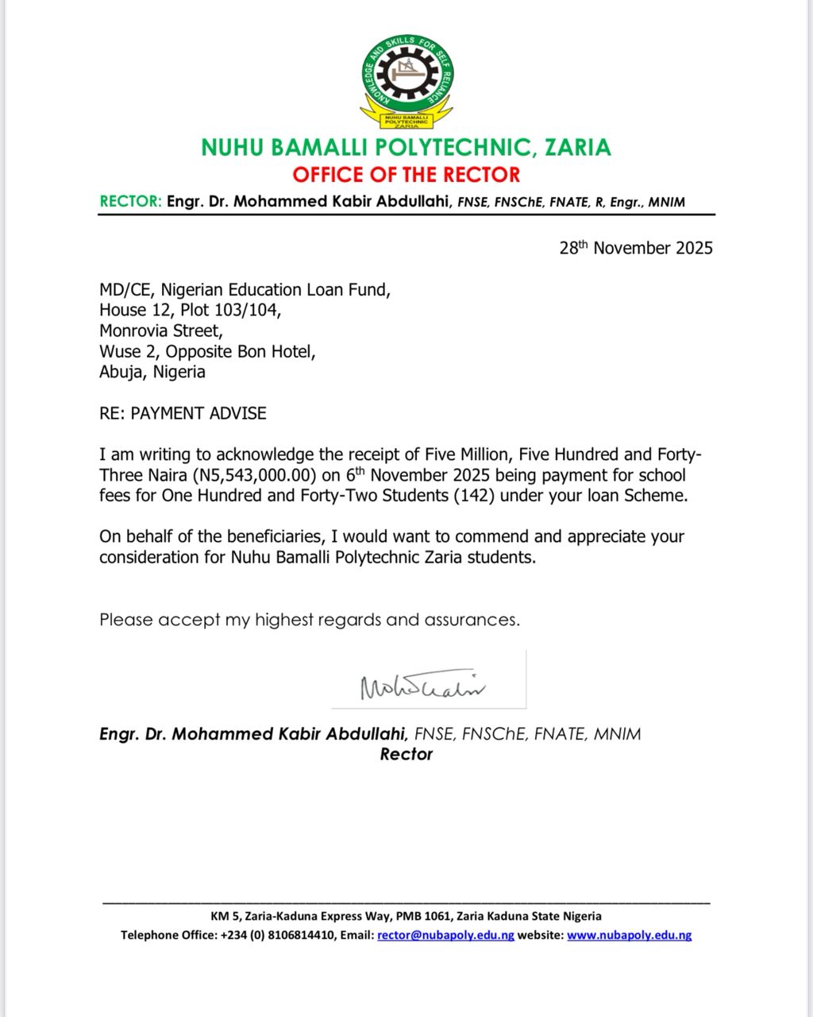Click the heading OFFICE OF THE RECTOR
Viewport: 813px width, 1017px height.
coord(406,175)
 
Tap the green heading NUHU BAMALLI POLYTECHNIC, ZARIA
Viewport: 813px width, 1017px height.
coord(406,148)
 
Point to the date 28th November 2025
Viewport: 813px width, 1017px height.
coord(636,248)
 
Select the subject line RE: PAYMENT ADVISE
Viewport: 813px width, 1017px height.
coord(183,413)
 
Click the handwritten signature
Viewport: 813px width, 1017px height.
coord(423,685)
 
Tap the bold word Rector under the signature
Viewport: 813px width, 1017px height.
coord(406,755)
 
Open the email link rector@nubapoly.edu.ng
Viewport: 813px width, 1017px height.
coord(445,935)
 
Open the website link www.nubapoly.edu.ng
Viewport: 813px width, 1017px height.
coord(629,935)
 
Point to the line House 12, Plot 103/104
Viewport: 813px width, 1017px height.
coord(190,310)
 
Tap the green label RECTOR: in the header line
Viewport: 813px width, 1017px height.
coord(130,202)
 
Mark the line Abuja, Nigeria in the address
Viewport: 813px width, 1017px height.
coord(152,372)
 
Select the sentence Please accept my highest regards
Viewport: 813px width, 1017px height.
coord(310,620)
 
